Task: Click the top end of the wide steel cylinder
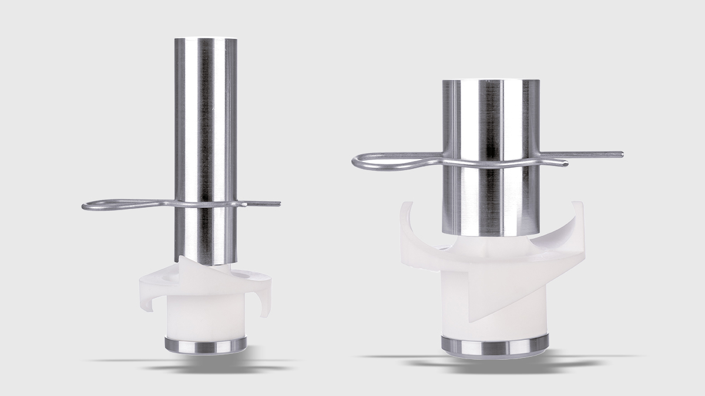coord(491,83)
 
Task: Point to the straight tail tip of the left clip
coord(277,204)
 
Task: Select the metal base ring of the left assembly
coord(206,346)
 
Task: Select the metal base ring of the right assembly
coord(495,346)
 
